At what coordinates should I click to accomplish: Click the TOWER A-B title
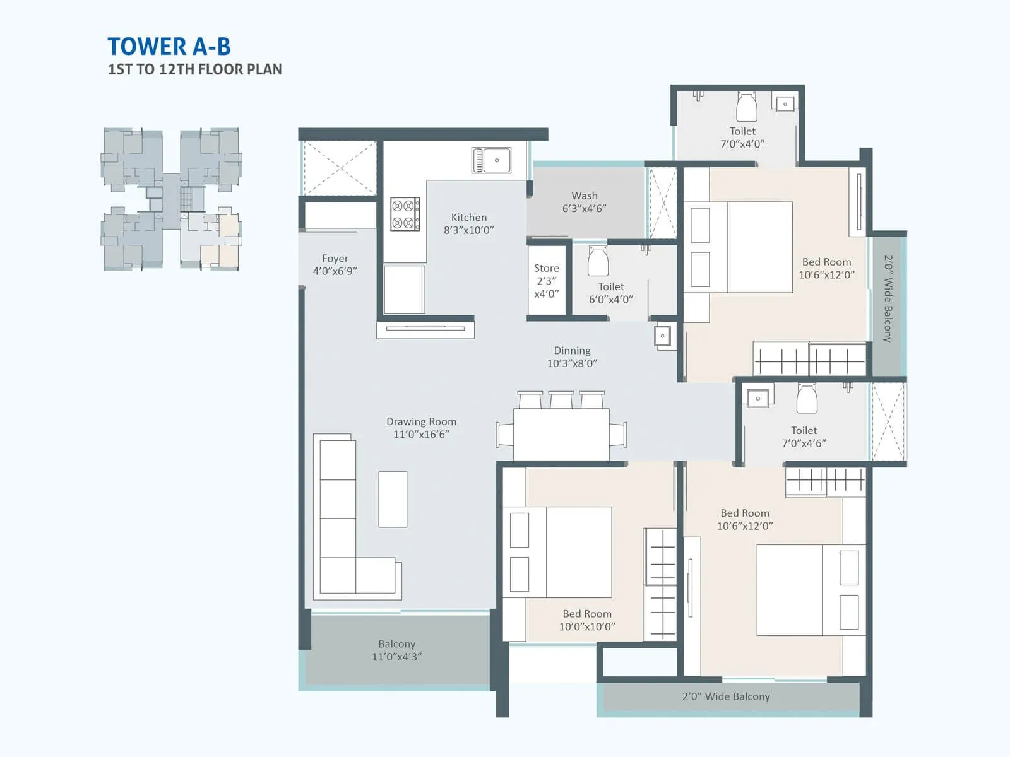click(x=169, y=47)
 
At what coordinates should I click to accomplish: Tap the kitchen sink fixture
click(x=491, y=160)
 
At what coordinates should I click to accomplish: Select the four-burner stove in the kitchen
click(x=405, y=214)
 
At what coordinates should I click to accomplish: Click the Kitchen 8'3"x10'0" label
click(x=468, y=223)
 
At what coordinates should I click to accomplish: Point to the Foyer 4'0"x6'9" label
click(x=335, y=264)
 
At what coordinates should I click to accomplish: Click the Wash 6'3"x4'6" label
click(x=584, y=202)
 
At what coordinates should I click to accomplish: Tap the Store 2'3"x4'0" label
click(x=546, y=281)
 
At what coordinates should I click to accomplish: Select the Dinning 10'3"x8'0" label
click(x=572, y=356)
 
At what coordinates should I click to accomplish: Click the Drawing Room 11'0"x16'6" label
click(x=421, y=428)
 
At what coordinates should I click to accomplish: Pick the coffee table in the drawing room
click(x=392, y=499)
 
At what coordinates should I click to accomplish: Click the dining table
click(x=561, y=434)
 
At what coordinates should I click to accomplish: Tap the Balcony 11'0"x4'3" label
click(x=396, y=650)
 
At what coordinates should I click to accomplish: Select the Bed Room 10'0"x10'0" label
click(x=587, y=619)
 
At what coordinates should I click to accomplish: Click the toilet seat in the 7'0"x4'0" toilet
click(x=747, y=107)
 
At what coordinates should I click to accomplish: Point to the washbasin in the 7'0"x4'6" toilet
click(x=757, y=398)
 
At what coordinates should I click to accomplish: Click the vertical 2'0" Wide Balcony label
click(x=888, y=298)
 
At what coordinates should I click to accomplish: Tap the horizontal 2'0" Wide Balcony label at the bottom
click(x=726, y=696)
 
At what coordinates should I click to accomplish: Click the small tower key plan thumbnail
click(x=171, y=199)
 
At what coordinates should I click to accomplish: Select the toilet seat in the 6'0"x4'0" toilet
click(x=598, y=261)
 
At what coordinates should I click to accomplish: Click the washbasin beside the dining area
click(x=662, y=336)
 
